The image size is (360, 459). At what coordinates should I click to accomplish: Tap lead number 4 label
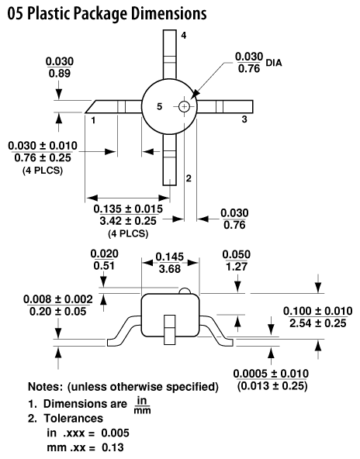[x=184, y=36]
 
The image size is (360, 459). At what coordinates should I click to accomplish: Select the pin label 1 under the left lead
[x=93, y=120]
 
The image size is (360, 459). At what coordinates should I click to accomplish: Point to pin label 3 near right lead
[x=244, y=119]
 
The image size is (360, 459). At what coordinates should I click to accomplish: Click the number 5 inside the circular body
[x=159, y=106]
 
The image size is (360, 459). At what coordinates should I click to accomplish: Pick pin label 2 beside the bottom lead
[x=189, y=178]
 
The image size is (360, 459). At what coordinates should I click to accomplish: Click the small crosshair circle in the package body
[x=184, y=106]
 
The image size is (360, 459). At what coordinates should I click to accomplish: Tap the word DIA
[x=274, y=63]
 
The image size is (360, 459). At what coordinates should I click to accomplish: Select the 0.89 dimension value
[x=60, y=73]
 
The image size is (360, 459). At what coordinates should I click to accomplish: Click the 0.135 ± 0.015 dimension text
[x=128, y=209]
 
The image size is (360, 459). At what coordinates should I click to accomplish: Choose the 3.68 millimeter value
[x=170, y=268]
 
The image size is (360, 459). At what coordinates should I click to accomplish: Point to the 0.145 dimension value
[x=170, y=257]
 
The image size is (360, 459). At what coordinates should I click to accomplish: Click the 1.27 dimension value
[x=237, y=267]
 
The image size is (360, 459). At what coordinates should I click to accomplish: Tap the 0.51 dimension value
[x=104, y=265]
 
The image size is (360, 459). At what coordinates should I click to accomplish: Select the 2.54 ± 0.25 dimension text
[x=318, y=323]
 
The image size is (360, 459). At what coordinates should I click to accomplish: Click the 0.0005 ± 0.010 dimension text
[x=271, y=374]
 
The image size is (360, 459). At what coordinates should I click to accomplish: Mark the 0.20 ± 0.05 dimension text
[x=58, y=311]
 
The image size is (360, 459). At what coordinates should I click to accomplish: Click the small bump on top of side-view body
[x=185, y=291]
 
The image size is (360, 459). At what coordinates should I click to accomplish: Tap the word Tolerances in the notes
[x=74, y=418]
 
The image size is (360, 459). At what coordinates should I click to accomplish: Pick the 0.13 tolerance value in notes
[x=112, y=447]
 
